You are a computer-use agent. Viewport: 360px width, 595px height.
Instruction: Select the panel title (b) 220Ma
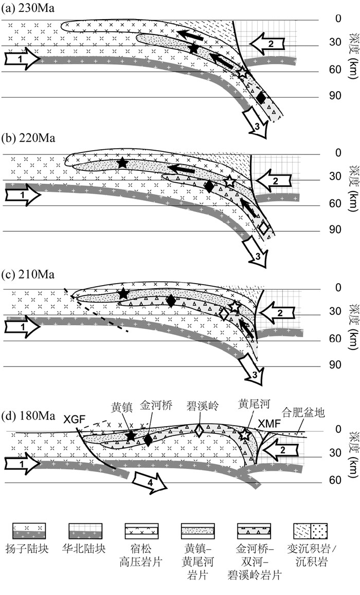(28, 137)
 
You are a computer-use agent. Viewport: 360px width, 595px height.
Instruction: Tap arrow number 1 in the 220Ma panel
(23, 195)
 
